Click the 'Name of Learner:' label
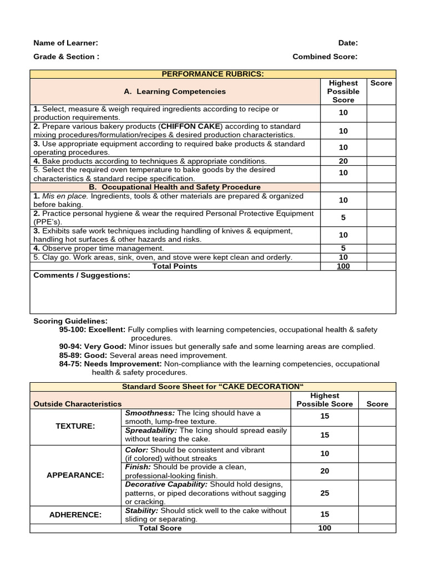(66, 43)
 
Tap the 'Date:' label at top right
(348, 43)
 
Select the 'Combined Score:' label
(325, 56)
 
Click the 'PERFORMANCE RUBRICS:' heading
(213, 74)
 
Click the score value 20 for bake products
(343, 161)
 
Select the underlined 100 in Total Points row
(343, 266)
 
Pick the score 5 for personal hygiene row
(343, 218)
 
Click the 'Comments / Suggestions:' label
(82, 275)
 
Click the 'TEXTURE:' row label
(75, 426)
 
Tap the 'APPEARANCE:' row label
(75, 475)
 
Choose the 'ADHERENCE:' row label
(75, 515)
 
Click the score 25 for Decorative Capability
(324, 493)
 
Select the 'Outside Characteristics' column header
(78, 404)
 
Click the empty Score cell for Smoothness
(377, 417)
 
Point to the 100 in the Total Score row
(324, 528)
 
